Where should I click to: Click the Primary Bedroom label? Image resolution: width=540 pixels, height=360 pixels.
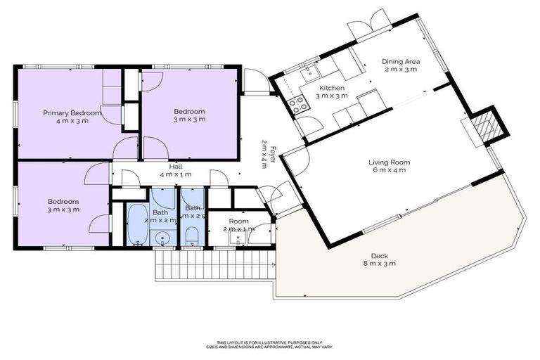pos(72,112)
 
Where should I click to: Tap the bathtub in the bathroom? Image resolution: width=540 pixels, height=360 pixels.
pos(136,224)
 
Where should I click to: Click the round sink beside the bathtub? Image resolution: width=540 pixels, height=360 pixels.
pos(164,237)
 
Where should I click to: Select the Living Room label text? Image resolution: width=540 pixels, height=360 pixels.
pos(389,162)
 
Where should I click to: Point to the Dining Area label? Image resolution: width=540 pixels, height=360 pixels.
pos(399,61)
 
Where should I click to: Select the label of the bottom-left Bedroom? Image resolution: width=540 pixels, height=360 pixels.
pos(63,201)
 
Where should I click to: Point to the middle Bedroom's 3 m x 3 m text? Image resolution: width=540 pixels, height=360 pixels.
pos(189,120)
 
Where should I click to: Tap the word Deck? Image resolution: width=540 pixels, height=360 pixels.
pos(380,256)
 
